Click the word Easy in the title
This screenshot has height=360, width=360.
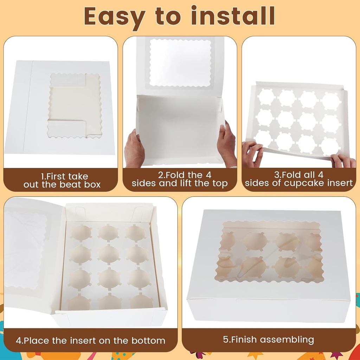click(x=115, y=16)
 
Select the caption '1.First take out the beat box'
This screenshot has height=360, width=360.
click(x=62, y=180)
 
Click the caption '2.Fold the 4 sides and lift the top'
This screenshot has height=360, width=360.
click(x=180, y=179)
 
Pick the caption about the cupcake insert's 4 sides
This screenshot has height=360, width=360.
click(x=299, y=179)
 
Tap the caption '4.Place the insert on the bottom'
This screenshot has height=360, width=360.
click(x=90, y=340)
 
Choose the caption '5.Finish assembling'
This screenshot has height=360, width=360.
click(x=269, y=340)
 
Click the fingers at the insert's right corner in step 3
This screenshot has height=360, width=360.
click(x=343, y=161)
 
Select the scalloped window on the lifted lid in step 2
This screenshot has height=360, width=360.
click(x=180, y=63)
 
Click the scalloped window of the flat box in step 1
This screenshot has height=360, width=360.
click(x=75, y=105)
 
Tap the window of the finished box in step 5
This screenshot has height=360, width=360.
click(x=269, y=252)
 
